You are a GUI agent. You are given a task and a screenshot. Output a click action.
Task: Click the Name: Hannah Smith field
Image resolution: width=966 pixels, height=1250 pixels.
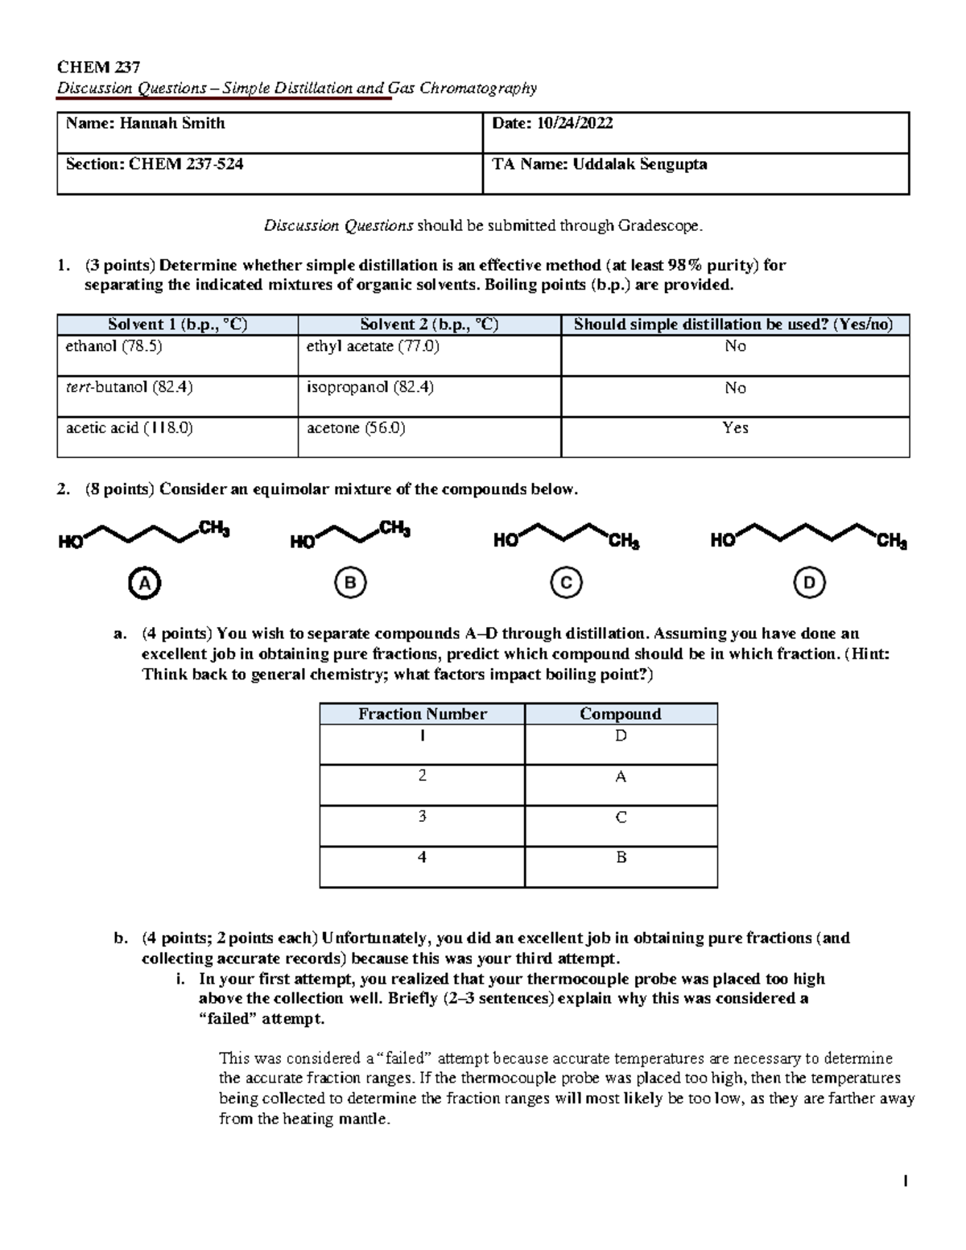(x=146, y=124)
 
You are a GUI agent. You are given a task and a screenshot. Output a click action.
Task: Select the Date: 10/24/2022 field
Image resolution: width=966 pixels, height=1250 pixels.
(x=552, y=124)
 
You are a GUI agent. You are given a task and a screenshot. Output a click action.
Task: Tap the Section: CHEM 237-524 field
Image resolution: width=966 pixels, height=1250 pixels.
(x=155, y=165)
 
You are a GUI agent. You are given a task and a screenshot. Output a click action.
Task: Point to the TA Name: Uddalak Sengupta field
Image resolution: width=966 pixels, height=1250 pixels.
(x=600, y=165)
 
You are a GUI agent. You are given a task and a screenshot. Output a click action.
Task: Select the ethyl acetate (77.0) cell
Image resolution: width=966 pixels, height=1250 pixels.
(x=373, y=347)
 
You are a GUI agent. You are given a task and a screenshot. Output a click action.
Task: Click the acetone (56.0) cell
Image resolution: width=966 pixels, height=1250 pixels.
(x=356, y=429)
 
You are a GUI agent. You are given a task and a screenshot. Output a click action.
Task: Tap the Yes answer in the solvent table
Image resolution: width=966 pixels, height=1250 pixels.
(x=735, y=429)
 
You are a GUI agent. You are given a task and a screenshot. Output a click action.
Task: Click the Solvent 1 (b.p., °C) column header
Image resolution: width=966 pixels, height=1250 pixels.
(x=177, y=325)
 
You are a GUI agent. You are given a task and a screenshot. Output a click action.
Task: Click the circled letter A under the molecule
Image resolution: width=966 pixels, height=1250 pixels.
(x=144, y=584)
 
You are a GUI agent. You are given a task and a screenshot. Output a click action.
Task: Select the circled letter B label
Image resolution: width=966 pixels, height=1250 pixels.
(x=350, y=584)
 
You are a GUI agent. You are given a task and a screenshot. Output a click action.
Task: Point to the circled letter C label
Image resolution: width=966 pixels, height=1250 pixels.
(x=566, y=584)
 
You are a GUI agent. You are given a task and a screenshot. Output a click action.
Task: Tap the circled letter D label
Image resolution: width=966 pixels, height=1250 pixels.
(x=809, y=584)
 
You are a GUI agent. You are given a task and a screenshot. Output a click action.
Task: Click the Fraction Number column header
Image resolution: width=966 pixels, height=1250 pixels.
(x=422, y=714)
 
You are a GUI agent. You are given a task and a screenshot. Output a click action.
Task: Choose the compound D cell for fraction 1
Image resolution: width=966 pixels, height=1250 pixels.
(x=621, y=736)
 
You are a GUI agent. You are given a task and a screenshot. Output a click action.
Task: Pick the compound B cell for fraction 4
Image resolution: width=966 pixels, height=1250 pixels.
(x=621, y=858)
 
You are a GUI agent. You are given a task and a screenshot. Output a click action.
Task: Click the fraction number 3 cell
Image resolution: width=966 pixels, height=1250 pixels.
(x=422, y=818)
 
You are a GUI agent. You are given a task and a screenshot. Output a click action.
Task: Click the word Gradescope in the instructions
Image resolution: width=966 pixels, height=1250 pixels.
(x=660, y=226)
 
